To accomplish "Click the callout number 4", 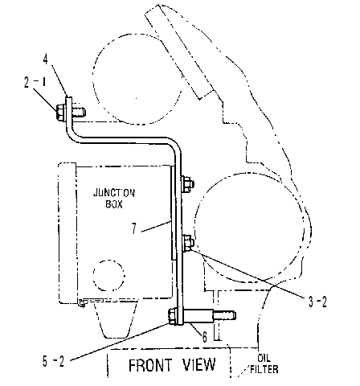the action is click(46, 59).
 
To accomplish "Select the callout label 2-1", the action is click(35, 82).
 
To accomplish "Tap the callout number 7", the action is click(134, 228).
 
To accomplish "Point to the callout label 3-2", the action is click(317, 302).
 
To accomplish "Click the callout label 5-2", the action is click(53, 362).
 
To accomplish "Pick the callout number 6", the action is click(205, 337).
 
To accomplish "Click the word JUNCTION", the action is click(114, 193).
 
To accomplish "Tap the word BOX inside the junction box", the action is click(114, 204).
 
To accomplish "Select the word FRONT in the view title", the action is click(150, 365).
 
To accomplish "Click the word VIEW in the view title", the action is click(199, 364).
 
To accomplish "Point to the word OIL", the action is click(264, 358).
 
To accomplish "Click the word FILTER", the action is click(264, 369).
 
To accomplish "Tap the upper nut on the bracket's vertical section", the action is click(188, 184).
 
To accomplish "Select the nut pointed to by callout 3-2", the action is click(188, 243).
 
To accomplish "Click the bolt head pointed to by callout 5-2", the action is click(172, 316).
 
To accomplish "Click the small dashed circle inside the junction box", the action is click(108, 274).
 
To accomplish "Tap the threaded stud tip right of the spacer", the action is click(224, 315).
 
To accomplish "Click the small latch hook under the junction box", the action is click(82, 303).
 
